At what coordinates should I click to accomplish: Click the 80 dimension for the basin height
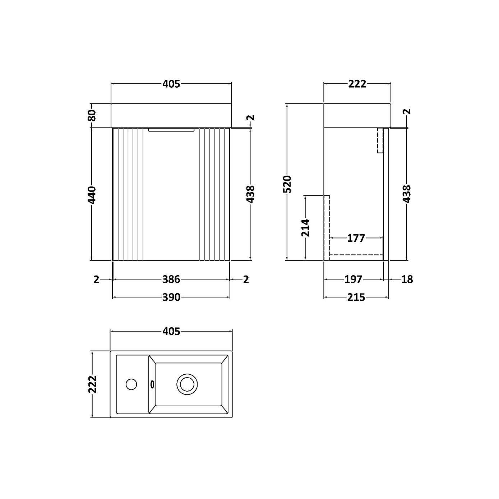pyautogui.click(x=92, y=115)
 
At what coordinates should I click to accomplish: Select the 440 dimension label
pyautogui.click(x=92, y=194)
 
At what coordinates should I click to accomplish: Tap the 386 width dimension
pyautogui.click(x=171, y=279)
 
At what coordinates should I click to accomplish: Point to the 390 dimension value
pyautogui.click(x=171, y=297)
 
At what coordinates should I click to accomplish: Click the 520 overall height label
pyautogui.click(x=287, y=184)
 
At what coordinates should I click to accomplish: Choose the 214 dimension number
pyautogui.click(x=305, y=227)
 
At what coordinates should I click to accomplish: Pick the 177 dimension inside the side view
pyautogui.click(x=356, y=238)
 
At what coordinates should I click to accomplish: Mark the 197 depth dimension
pyautogui.click(x=353, y=279)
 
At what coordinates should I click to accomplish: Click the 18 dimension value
pyautogui.click(x=407, y=279)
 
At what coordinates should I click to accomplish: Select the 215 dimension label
pyautogui.click(x=356, y=297)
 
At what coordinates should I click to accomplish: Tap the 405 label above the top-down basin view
pyautogui.click(x=171, y=331)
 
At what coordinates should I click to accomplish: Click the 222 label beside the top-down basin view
pyautogui.click(x=92, y=384)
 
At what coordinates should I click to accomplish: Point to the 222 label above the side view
pyautogui.click(x=357, y=84)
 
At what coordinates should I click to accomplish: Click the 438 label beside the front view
pyautogui.click(x=251, y=194)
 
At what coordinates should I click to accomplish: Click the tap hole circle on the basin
pyautogui.click(x=131, y=384)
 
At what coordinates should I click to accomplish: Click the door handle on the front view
pyautogui.click(x=171, y=130)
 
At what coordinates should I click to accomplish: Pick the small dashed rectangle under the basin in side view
pyautogui.click(x=380, y=140)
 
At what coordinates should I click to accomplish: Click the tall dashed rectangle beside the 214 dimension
pyautogui.click(x=327, y=227)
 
